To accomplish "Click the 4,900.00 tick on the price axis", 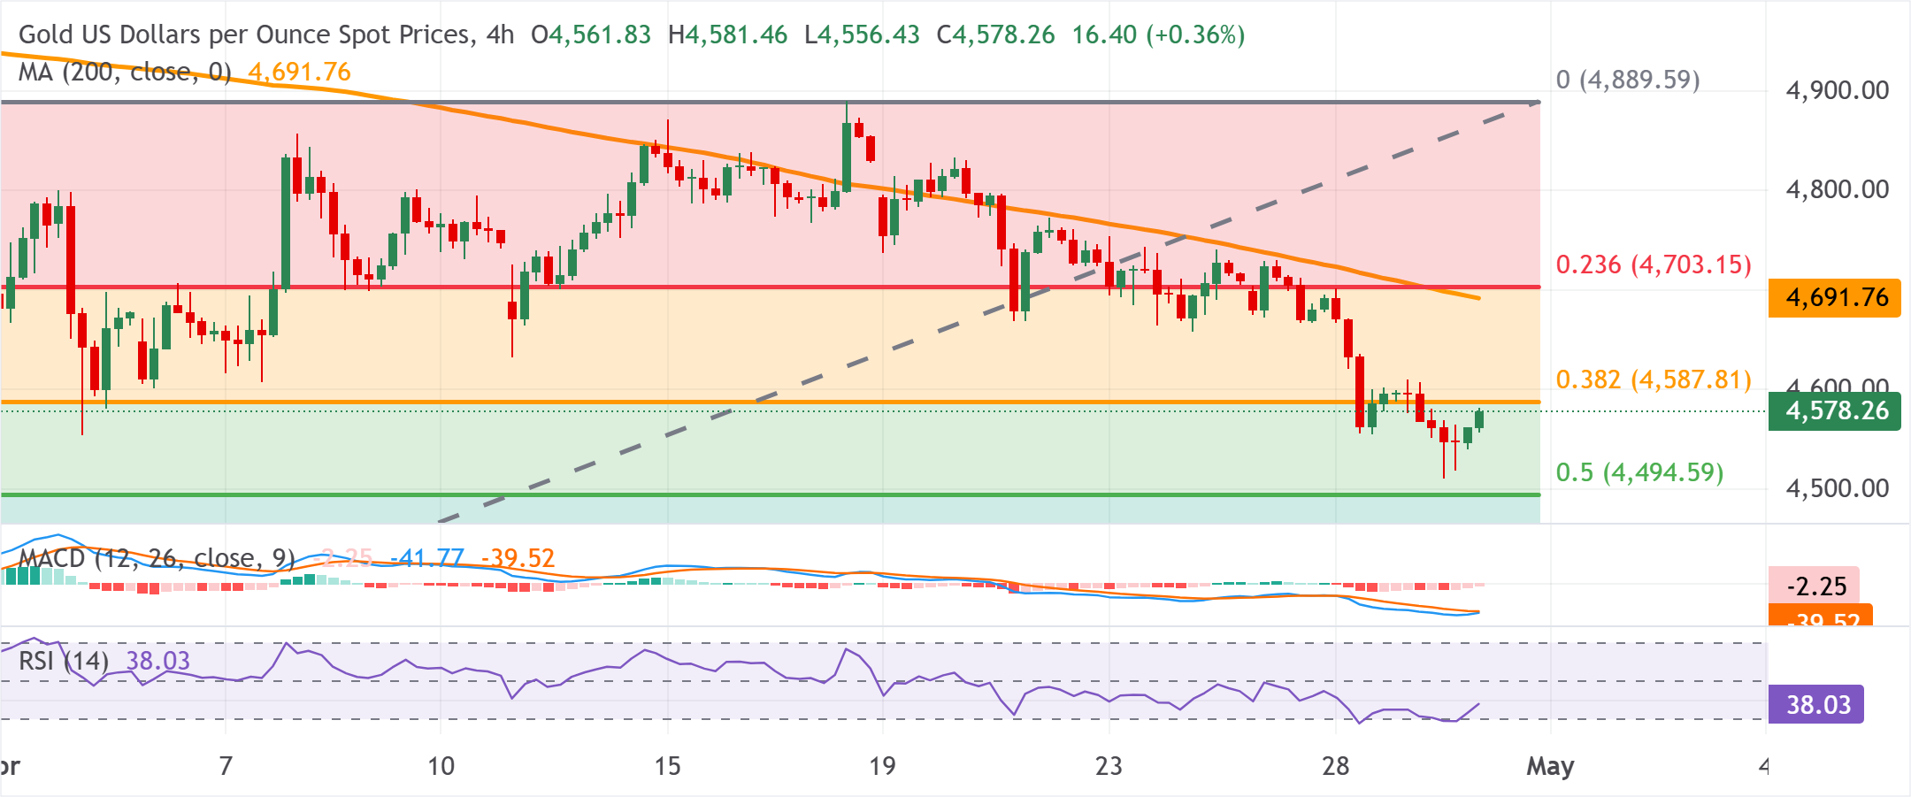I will [x=1837, y=90].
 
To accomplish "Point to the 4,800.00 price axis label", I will [x=1837, y=189].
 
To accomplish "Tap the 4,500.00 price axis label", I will [x=1837, y=488].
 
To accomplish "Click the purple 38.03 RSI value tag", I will [x=1817, y=705].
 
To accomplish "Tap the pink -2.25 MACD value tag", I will [x=1815, y=586].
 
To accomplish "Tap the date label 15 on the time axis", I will [x=667, y=766].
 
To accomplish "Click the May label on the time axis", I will [x=1550, y=766].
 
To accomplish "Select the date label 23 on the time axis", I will [x=1109, y=766].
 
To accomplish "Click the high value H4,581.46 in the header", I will [x=727, y=35].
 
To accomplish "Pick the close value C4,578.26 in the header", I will [x=995, y=35].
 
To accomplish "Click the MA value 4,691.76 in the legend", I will [x=300, y=73].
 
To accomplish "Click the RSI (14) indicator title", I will [x=64, y=661].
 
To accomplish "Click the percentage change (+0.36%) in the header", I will [x=1195, y=35].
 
